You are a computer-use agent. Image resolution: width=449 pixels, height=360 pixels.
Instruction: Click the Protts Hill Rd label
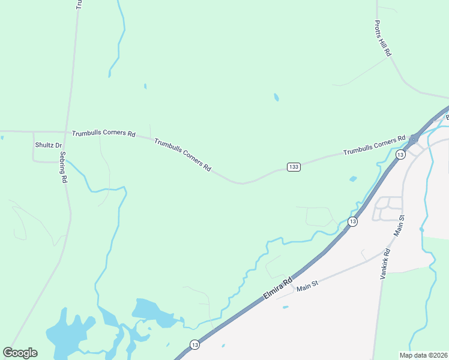(383, 38)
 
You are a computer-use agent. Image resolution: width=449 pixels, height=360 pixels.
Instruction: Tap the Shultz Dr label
(49, 145)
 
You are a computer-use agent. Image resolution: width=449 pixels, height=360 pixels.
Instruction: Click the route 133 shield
(294, 166)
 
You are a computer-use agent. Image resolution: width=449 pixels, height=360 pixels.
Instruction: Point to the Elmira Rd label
(279, 289)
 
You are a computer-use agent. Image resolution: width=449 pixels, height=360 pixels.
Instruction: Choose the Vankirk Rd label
(385, 264)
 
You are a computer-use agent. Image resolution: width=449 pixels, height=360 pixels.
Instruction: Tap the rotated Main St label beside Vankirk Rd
(400, 226)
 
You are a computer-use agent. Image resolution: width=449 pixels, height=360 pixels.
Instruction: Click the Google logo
(20, 353)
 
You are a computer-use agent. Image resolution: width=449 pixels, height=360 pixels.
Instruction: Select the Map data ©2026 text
(423, 355)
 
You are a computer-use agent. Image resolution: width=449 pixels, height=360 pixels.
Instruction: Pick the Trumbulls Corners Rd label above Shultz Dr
(104, 133)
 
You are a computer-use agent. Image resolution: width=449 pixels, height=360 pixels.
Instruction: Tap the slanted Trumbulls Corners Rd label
(182, 155)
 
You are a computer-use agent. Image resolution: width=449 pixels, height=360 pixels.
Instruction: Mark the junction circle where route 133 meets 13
(414, 139)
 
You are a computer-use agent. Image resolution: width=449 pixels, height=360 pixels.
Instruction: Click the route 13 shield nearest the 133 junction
(400, 154)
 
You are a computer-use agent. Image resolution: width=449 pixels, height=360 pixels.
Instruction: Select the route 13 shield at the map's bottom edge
(194, 344)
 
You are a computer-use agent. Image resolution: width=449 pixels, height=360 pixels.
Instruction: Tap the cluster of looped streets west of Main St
(388, 209)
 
